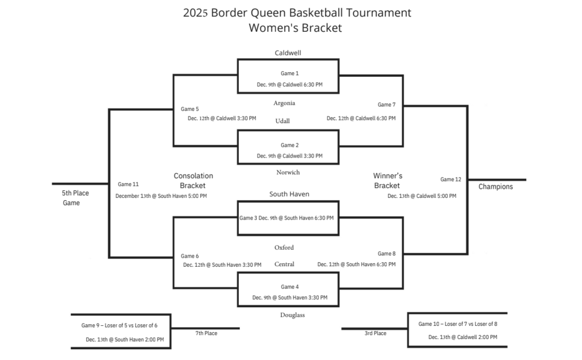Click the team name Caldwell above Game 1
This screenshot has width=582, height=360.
pos(288,53)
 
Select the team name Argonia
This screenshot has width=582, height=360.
pos(284,104)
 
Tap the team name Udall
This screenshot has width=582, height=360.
pos(282,121)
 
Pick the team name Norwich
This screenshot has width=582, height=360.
pos(288,172)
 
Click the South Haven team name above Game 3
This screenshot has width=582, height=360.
pos(289,195)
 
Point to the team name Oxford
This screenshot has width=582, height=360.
pos(284,248)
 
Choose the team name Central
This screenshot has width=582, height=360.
pos(284,264)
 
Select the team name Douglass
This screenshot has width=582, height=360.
pos(292,315)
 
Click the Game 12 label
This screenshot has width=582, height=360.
pos(451,180)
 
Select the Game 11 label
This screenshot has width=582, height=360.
pos(128,184)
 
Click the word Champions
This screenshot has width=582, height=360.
pos(495,187)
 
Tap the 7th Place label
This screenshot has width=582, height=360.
pos(206,333)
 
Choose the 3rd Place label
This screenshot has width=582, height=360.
pos(375,333)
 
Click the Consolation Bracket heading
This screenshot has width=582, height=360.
pos(193,181)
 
